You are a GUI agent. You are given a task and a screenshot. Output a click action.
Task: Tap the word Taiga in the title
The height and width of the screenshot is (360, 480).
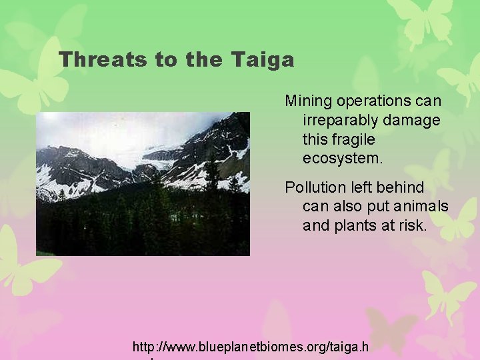click(x=263, y=60)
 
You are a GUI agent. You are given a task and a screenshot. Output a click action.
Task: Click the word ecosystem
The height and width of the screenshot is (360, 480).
click(x=342, y=159)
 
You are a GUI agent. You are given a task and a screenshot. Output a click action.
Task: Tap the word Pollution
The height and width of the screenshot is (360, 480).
click(x=315, y=187)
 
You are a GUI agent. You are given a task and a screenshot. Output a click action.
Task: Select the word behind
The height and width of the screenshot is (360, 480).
click(x=402, y=187)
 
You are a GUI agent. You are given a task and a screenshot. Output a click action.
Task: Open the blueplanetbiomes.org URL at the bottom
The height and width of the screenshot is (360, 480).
click(x=250, y=347)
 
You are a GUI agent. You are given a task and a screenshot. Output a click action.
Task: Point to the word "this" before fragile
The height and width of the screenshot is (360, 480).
click(x=316, y=140)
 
